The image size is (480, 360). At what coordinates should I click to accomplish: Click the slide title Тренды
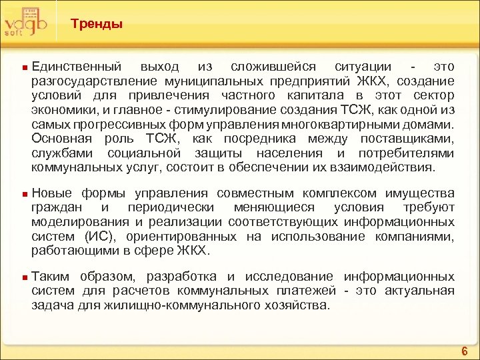pyautogui.click(x=97, y=25)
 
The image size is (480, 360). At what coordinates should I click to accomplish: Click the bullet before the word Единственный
pyautogui.click(x=24, y=68)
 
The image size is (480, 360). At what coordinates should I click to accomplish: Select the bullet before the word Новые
pyautogui.click(x=24, y=193)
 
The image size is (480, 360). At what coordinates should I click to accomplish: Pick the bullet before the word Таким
pyautogui.click(x=24, y=277)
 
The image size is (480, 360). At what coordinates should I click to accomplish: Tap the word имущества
pyautogui.click(x=420, y=193)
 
